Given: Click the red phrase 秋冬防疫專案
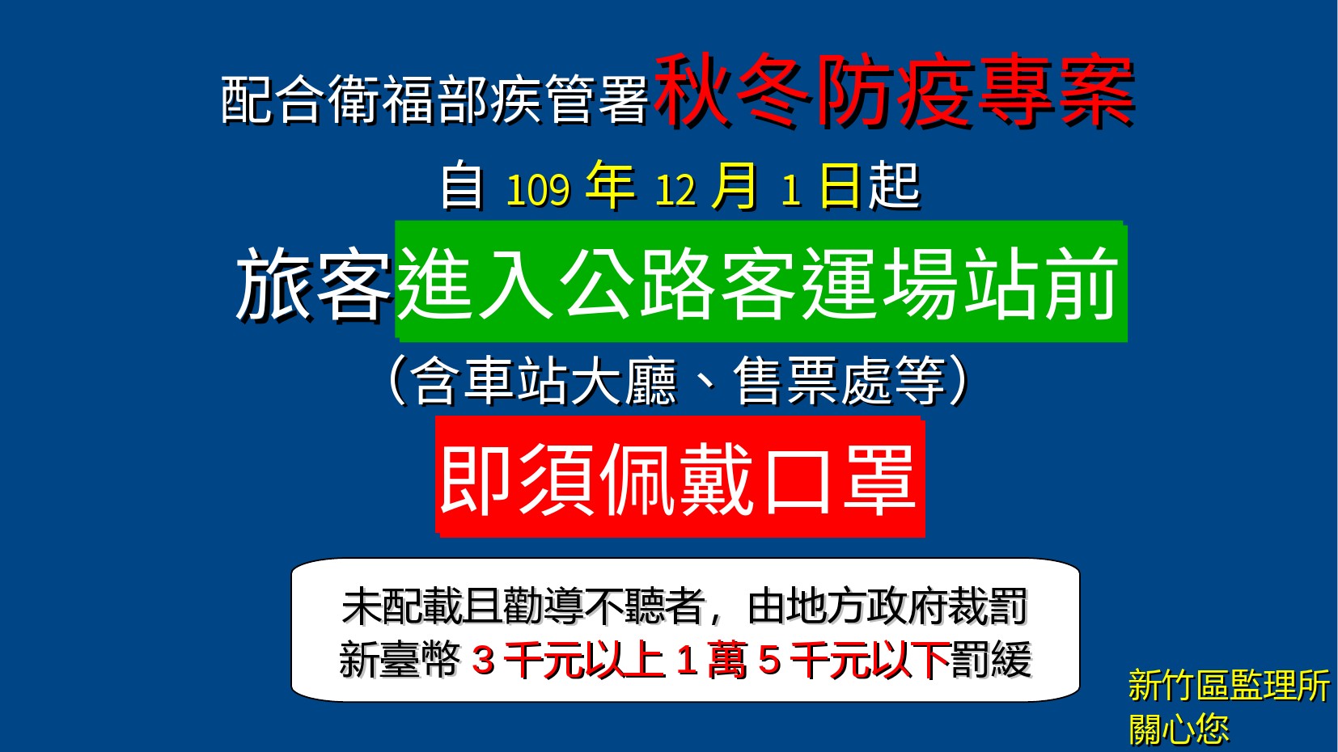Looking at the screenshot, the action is tap(894, 91).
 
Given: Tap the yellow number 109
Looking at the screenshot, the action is tap(538, 191).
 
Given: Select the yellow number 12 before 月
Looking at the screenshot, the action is tap(676, 191).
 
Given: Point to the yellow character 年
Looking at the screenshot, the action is tap(610, 186).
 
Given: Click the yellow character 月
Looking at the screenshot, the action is tap(735, 186).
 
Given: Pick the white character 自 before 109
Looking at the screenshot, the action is tap(462, 186).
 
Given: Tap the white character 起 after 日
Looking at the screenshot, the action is tap(894, 186).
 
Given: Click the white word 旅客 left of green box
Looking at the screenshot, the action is tap(314, 284).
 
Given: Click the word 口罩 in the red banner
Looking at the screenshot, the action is tap(840, 480).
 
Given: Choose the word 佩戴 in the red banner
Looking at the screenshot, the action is tap(677, 480).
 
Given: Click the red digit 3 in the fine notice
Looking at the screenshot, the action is tap(483, 661).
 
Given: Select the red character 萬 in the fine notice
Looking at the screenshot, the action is tap(727, 660).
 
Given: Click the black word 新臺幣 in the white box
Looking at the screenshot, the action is tap(400, 660).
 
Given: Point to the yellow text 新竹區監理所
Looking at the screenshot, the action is tap(1230, 685).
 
